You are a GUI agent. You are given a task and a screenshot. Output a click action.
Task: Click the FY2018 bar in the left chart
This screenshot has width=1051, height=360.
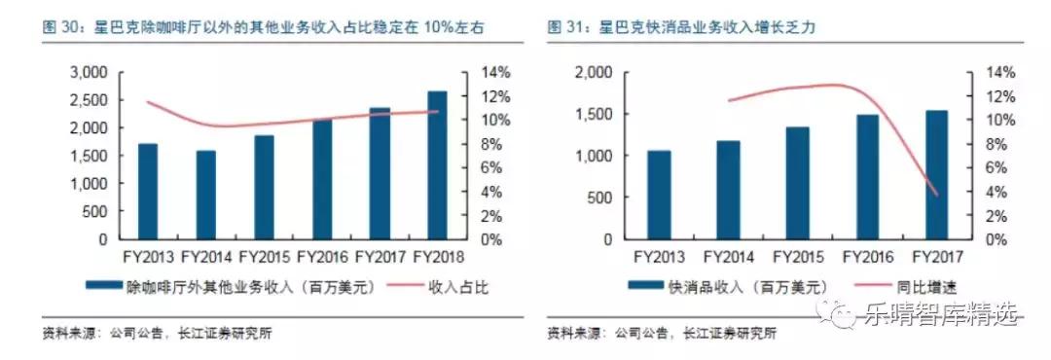point(437,165)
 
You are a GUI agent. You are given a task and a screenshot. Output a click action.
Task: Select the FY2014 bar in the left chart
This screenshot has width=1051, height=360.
point(205,195)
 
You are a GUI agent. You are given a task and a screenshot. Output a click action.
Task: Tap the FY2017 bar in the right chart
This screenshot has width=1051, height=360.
point(935,175)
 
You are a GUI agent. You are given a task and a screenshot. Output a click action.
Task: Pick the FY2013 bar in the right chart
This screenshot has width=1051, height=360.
point(658,195)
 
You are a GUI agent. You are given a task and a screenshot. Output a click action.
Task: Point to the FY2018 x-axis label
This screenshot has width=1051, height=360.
point(437,257)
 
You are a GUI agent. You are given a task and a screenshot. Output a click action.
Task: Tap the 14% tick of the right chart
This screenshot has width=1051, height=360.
point(998,73)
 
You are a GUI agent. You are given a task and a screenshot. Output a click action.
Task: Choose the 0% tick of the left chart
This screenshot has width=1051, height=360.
point(495,238)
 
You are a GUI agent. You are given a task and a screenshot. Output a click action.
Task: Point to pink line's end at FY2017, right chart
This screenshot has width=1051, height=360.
point(936,195)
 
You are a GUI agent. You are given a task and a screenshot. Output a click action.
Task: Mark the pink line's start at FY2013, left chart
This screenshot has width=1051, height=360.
point(148,102)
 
